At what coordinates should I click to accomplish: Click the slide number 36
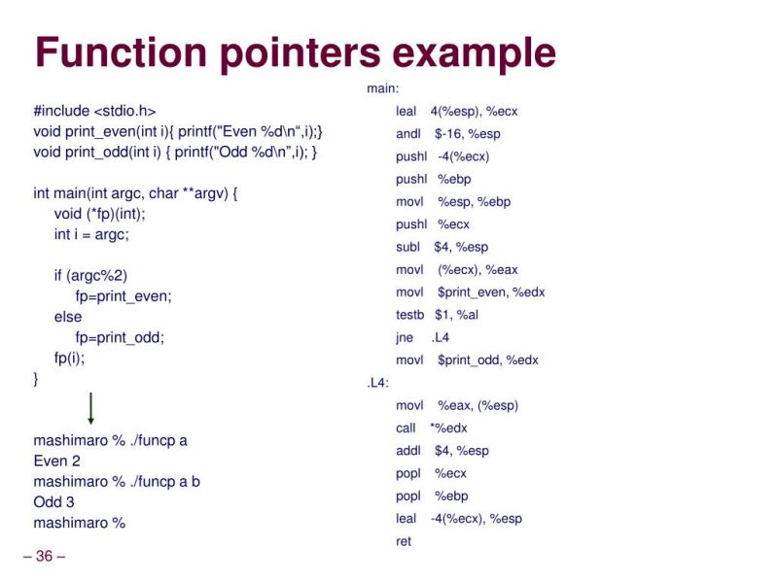(x=44, y=557)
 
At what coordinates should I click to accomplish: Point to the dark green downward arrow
(x=90, y=408)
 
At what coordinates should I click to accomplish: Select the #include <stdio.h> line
(x=94, y=111)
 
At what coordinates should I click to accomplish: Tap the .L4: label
(x=377, y=383)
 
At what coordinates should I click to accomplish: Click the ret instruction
(x=404, y=541)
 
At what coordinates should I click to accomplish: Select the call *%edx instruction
(x=431, y=429)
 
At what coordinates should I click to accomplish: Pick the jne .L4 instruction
(x=422, y=338)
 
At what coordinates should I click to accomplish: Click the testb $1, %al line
(x=437, y=315)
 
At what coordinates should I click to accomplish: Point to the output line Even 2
(x=56, y=462)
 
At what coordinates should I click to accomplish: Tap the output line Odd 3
(x=53, y=502)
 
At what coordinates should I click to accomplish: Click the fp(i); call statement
(x=70, y=358)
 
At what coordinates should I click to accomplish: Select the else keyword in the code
(x=68, y=317)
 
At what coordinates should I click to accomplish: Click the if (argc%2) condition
(x=90, y=276)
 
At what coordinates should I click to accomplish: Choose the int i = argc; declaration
(x=91, y=235)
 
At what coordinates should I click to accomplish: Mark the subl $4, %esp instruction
(x=442, y=247)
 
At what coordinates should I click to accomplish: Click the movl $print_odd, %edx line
(x=467, y=360)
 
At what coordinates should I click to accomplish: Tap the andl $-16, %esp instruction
(x=447, y=134)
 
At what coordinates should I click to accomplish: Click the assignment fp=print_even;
(x=123, y=296)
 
